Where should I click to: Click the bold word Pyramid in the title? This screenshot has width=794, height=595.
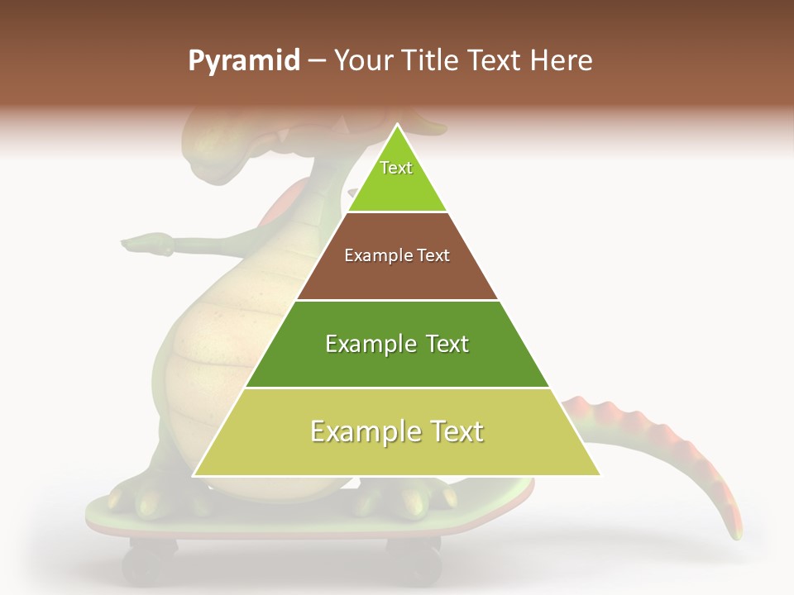[243, 61]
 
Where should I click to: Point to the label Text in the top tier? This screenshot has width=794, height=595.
[396, 168]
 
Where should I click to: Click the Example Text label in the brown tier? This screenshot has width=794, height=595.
[397, 255]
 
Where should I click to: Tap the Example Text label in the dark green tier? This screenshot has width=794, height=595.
[397, 344]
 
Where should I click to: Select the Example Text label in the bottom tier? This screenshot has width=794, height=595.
[397, 431]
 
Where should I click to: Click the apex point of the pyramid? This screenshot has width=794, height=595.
[397, 126]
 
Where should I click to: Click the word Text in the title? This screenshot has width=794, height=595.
[495, 61]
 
